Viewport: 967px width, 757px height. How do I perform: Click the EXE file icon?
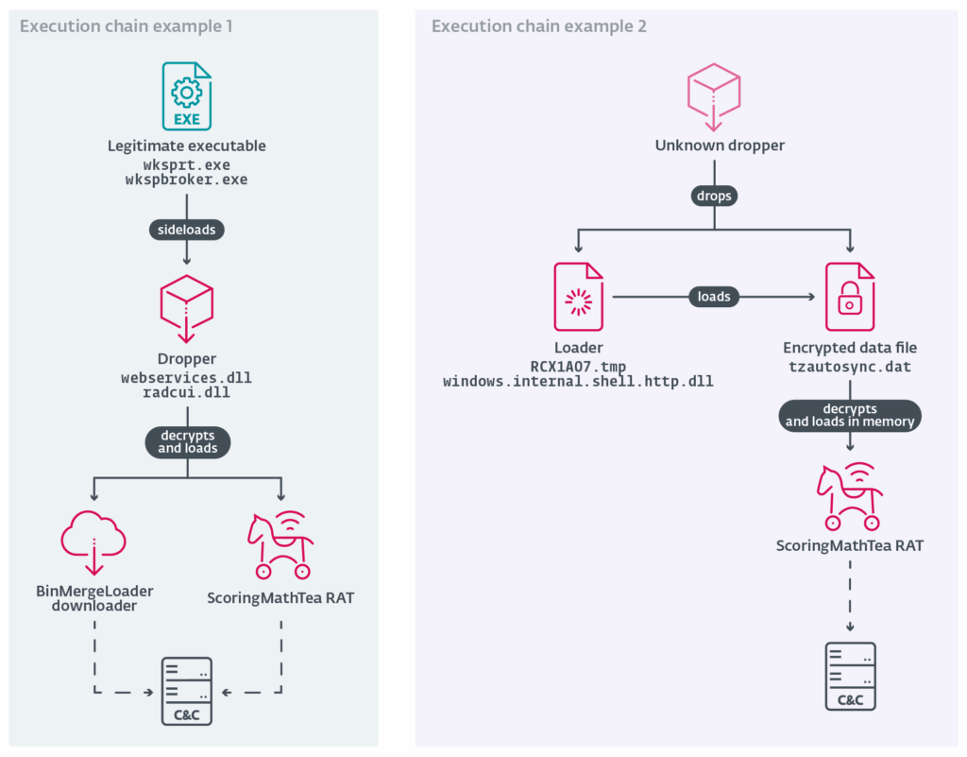(x=186, y=96)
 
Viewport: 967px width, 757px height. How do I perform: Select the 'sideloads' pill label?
(x=186, y=230)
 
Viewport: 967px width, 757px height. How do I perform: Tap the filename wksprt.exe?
(x=186, y=164)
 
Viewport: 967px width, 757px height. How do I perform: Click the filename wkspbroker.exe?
(x=186, y=179)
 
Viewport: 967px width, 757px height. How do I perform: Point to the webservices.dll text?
(x=186, y=378)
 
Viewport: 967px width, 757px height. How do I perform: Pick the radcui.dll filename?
(x=186, y=392)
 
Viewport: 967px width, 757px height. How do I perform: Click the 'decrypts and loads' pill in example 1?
(x=187, y=442)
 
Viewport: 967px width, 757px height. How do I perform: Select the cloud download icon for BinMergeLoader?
(x=93, y=543)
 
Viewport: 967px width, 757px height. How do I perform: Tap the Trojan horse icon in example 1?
(x=280, y=543)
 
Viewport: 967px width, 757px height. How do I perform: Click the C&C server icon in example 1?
(x=187, y=691)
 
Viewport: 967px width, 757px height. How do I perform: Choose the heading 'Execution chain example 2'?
(x=539, y=26)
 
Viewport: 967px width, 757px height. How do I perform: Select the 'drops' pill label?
(x=714, y=196)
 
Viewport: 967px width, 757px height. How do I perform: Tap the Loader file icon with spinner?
(x=578, y=297)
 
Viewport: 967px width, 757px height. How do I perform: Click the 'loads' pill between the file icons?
(x=714, y=297)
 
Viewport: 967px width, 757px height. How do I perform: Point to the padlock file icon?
(x=849, y=297)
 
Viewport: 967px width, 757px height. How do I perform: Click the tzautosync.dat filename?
(x=850, y=367)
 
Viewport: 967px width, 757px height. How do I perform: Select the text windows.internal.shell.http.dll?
(x=578, y=382)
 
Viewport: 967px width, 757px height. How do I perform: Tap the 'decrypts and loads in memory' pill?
(x=850, y=416)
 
